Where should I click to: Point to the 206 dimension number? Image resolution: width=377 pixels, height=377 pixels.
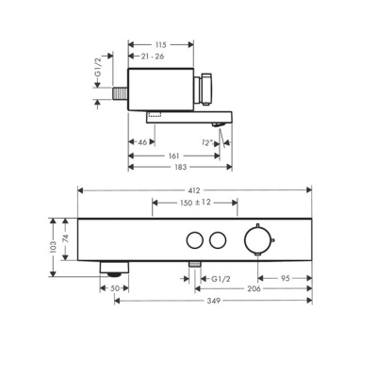pos(252,289)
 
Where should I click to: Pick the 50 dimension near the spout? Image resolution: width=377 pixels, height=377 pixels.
pos(114,289)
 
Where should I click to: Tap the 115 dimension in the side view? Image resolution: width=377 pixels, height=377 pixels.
pos(160,44)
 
